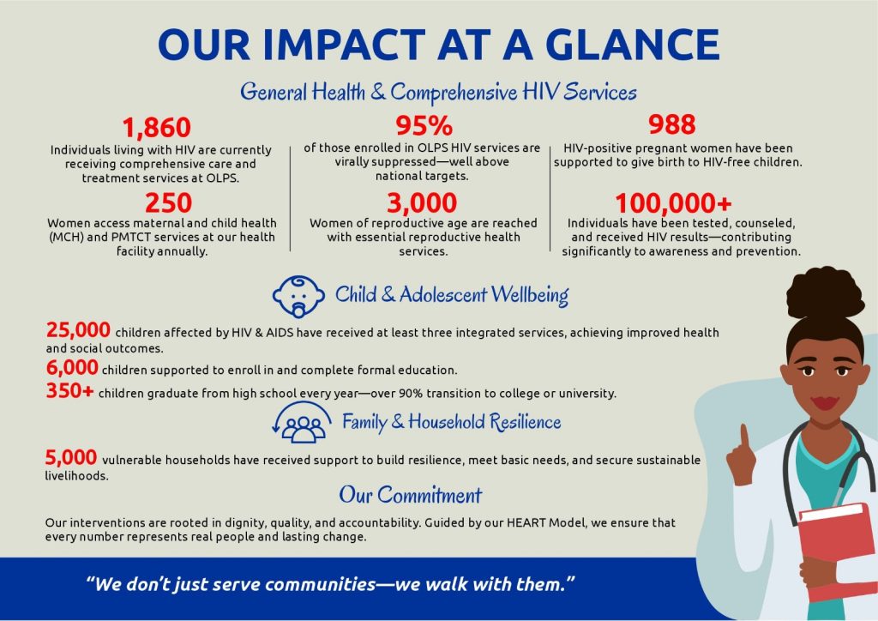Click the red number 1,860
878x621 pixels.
pyautogui.click(x=157, y=127)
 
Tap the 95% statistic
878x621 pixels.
pyautogui.click(x=424, y=125)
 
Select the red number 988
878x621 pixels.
pyautogui.click(x=672, y=124)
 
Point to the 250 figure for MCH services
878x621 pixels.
pyautogui.click(x=169, y=202)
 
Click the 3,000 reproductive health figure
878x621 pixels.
pyautogui.click(x=422, y=202)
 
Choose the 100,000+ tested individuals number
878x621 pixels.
pyautogui.click(x=673, y=203)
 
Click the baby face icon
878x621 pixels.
pyautogui.click(x=298, y=296)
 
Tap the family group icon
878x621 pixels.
pyautogui.click(x=299, y=423)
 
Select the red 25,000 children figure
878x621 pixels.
pyautogui.click(x=78, y=330)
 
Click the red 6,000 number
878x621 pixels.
pyautogui.click(x=72, y=367)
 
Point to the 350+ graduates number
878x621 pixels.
pyautogui.click(x=70, y=390)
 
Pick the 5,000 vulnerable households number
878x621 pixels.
pyautogui.click(x=71, y=457)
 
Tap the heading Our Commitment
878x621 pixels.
pyautogui.click(x=411, y=495)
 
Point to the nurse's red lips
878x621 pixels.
pyautogui.click(x=825, y=402)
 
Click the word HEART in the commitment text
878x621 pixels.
pyautogui.click(x=526, y=522)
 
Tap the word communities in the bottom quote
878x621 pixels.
pyautogui.click(x=321, y=584)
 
